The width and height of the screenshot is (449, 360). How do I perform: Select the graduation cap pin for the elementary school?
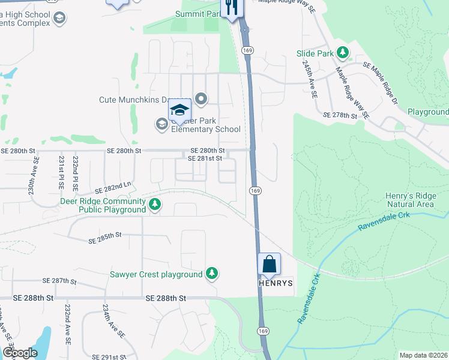tap(179, 110)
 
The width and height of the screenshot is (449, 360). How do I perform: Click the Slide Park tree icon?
tap(343, 53)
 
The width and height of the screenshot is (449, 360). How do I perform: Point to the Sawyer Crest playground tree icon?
tap(211, 274)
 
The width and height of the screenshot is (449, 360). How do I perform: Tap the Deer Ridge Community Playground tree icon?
tap(155, 205)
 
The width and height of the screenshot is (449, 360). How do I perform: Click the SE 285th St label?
tap(105, 238)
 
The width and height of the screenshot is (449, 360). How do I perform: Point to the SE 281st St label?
tap(205, 158)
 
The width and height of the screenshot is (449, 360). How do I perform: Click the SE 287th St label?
tap(62, 280)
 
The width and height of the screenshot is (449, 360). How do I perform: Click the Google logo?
tap(20, 353)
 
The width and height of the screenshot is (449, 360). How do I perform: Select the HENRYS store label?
tap(277, 283)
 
